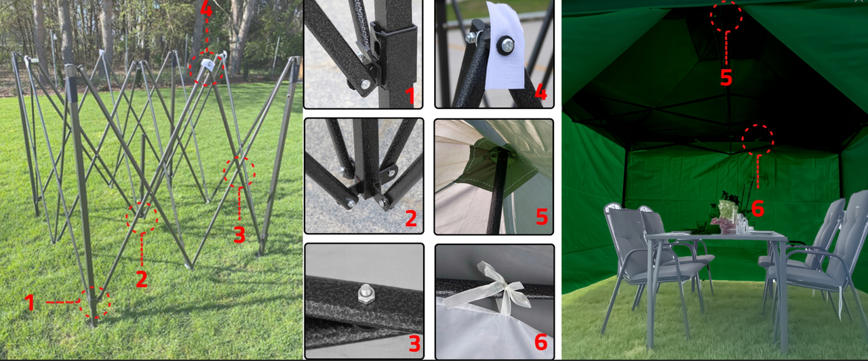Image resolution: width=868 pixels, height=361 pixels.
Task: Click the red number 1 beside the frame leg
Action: pos(29,302)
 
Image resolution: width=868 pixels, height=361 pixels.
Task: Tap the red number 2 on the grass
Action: pos(142,279)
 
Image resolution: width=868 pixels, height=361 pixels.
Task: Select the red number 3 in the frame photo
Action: pos(239,234)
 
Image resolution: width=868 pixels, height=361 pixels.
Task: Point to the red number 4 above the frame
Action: pos(206,9)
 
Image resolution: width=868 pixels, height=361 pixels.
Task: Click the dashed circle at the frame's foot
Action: pos(94,303)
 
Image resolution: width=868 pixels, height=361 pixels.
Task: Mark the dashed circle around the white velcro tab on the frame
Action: pos(206,69)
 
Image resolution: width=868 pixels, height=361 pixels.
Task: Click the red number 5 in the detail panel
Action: pos(541,217)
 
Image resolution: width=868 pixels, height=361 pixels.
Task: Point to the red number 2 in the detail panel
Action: pos(411,218)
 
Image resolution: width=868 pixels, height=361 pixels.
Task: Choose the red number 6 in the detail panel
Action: pos(540,342)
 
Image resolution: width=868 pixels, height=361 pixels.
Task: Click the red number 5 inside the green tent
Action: pos(726,77)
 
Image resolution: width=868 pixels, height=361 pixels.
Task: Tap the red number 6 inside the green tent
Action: pos(757,209)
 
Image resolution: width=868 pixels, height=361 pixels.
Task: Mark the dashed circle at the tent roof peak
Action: pos(726,16)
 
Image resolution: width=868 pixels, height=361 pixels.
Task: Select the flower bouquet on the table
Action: pos(724,215)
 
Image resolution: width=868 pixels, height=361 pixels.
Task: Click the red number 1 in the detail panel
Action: pos(411,95)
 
